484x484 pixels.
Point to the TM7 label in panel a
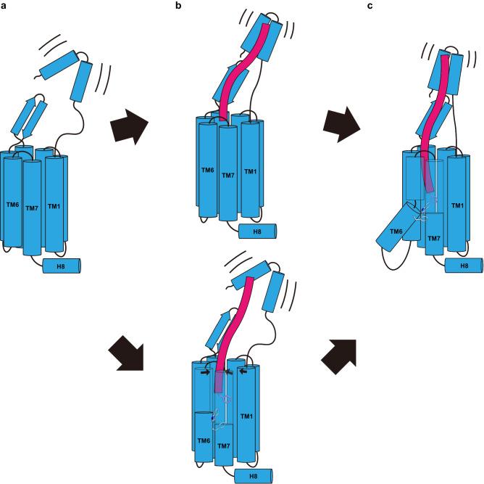point(31,208)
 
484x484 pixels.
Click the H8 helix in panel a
point(62,266)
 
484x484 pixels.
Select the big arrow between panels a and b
point(130,128)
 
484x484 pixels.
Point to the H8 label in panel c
point(463,266)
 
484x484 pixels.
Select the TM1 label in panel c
point(457,207)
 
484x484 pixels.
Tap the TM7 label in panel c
point(434,238)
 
